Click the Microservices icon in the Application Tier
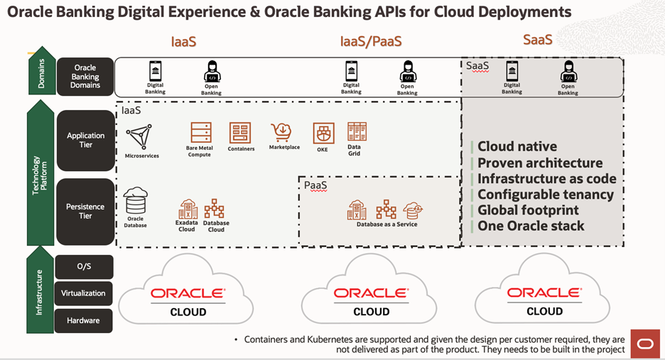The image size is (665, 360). [x=141, y=136]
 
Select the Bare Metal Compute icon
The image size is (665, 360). [x=200, y=133]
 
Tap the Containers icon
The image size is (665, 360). [x=240, y=133]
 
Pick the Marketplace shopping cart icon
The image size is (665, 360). [x=282, y=132]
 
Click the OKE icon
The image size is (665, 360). [x=323, y=133]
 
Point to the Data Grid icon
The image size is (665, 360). [x=356, y=132]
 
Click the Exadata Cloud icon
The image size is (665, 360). [x=188, y=209]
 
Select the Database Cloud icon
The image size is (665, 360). [x=215, y=209]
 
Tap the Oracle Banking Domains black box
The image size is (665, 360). [x=85, y=77]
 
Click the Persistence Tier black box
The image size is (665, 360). [x=85, y=211]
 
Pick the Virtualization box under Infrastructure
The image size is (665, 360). [x=83, y=293]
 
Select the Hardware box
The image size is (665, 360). [x=83, y=320]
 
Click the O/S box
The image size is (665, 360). [x=83, y=267]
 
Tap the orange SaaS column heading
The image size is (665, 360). [x=537, y=40]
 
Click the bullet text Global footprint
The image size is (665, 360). [x=528, y=210]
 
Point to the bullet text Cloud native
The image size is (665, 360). [x=517, y=146]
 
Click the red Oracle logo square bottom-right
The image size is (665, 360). [x=644, y=344]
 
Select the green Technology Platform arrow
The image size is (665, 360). [x=40, y=174]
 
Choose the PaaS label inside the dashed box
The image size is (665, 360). [x=315, y=185]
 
